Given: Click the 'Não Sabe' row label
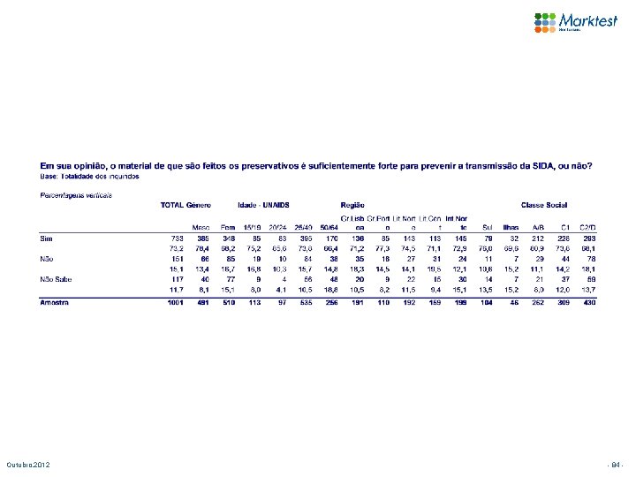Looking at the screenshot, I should pyautogui.click(x=56, y=277).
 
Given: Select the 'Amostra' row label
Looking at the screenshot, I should pyautogui.click(x=57, y=302).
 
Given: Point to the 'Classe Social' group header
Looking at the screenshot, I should pyautogui.click(x=544, y=205).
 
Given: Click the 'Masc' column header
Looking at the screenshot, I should pyautogui.click(x=201, y=226).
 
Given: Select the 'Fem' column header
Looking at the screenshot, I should pyautogui.click(x=227, y=226).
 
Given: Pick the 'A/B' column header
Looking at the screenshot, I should pyautogui.click(x=537, y=226).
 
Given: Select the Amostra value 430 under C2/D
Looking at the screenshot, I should pyautogui.click(x=588, y=302).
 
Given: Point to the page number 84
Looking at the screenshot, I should pyautogui.click(x=617, y=465).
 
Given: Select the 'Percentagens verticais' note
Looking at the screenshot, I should pyautogui.click(x=76, y=193).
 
